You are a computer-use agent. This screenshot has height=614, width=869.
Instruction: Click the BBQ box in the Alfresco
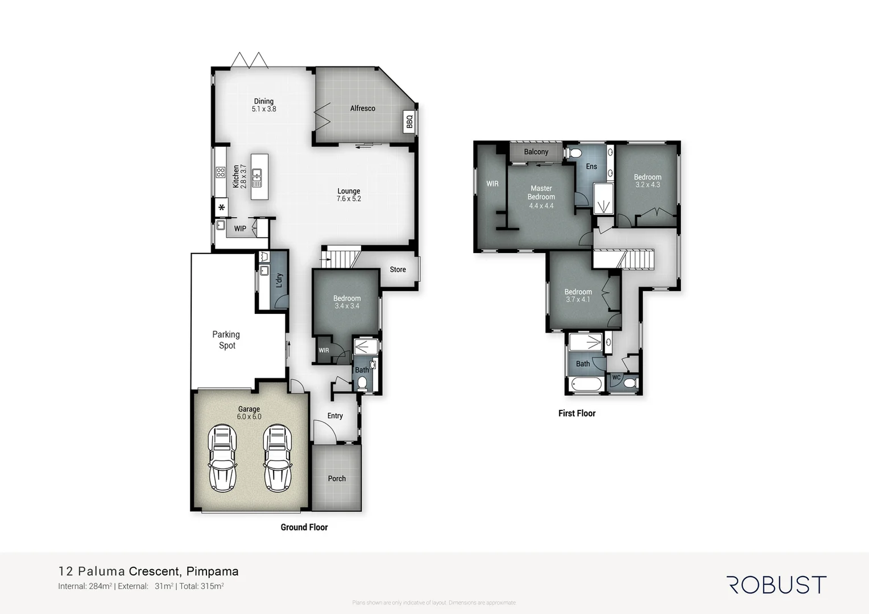pyautogui.click(x=409, y=122)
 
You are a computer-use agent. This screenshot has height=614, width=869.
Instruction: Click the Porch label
pyautogui.click(x=337, y=479)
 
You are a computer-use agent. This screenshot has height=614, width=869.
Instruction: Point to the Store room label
pyautogui.click(x=398, y=269)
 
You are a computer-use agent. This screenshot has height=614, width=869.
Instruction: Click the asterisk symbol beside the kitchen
pyautogui.click(x=221, y=208)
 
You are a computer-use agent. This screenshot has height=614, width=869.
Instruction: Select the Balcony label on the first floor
pyautogui.click(x=536, y=152)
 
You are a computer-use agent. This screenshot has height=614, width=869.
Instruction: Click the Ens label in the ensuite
pyautogui.click(x=591, y=167)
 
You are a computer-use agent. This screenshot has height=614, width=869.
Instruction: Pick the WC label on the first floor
pyautogui.click(x=616, y=377)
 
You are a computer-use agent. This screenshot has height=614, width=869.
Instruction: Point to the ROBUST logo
pyautogui.click(x=776, y=585)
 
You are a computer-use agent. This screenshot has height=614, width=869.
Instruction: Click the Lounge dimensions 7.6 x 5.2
pyautogui.click(x=349, y=199)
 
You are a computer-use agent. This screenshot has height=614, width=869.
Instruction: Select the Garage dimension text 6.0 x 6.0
pyautogui.click(x=249, y=417)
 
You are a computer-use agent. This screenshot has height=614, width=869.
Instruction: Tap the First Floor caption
pyautogui.click(x=577, y=413)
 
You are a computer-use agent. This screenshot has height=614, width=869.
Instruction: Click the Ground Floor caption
pyautogui.click(x=304, y=528)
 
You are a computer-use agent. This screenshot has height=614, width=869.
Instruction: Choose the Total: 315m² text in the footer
pyautogui.click(x=201, y=586)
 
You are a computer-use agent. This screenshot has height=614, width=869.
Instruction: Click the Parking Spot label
pyautogui.click(x=226, y=340)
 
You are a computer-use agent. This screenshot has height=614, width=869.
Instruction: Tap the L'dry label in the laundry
pyautogui.click(x=279, y=280)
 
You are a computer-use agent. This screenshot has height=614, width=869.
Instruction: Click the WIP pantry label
pyautogui.click(x=240, y=229)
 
